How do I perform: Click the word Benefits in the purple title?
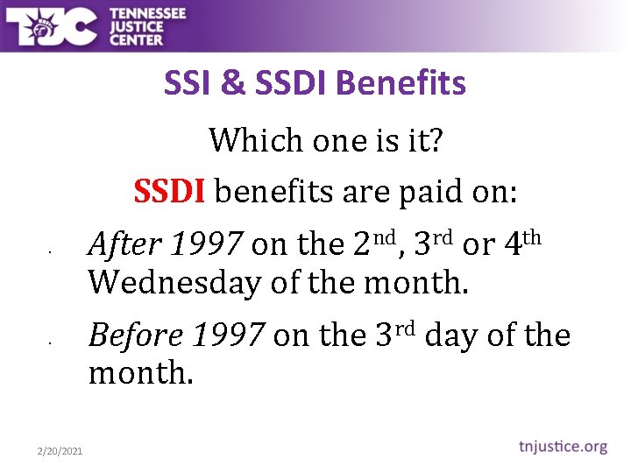(x=401, y=83)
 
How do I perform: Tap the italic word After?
(x=125, y=245)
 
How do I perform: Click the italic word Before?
(x=136, y=335)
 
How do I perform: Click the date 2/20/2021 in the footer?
(x=60, y=450)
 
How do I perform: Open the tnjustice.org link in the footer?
(x=560, y=447)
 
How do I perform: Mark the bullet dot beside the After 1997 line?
(x=52, y=255)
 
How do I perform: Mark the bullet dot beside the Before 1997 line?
(x=52, y=343)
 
